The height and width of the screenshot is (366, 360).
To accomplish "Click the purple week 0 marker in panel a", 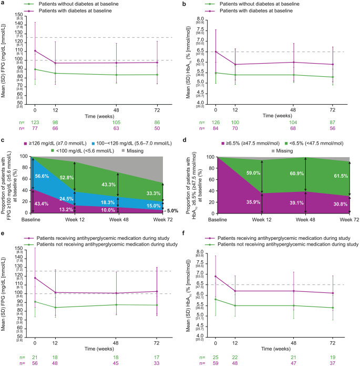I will click(35, 51).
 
